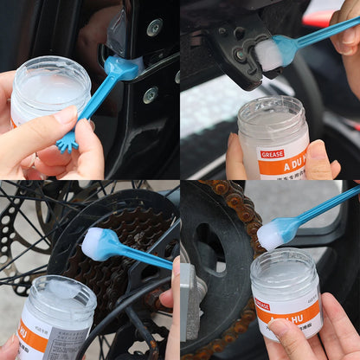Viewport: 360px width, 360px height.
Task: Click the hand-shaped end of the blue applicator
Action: click(x=67, y=141)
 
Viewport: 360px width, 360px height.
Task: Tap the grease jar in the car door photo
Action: click(x=50, y=90)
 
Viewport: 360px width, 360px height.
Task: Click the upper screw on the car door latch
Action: click(x=154, y=28)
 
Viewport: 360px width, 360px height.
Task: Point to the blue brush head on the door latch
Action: click(x=118, y=67)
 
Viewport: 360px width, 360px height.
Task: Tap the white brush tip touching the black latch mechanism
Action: click(x=269, y=55)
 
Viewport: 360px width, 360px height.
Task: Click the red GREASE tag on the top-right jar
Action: click(x=272, y=154)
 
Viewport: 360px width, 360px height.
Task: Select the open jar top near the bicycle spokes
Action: click(x=54, y=291)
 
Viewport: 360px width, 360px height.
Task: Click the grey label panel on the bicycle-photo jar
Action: click(x=66, y=342)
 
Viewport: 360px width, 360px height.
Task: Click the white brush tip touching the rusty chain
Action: click(x=272, y=234)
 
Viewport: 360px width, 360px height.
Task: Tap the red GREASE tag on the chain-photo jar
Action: click(x=262, y=305)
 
